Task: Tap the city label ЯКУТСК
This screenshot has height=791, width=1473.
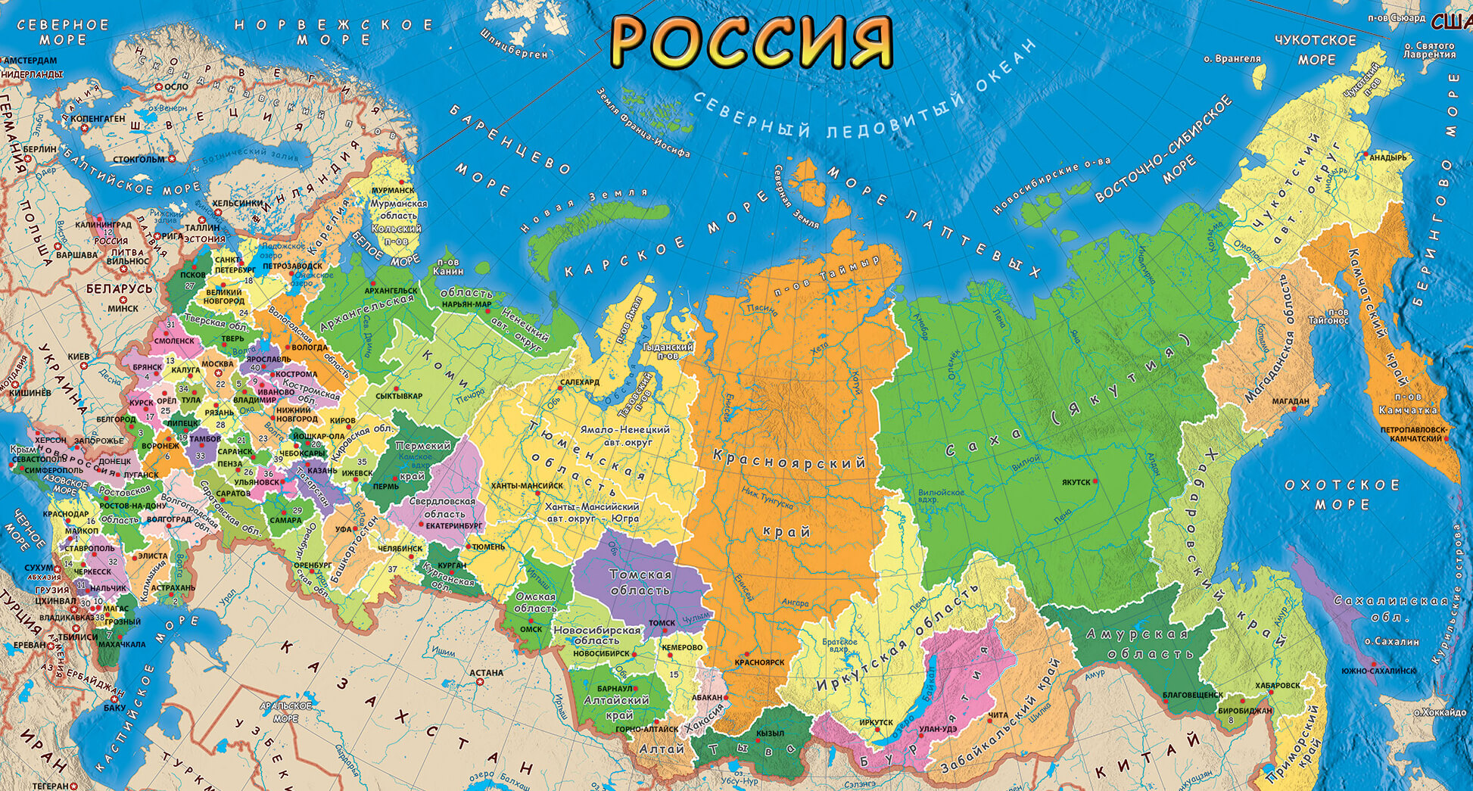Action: (1076, 482)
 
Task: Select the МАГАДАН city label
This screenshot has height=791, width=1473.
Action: (1290, 401)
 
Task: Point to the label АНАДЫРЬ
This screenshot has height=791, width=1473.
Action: (1387, 157)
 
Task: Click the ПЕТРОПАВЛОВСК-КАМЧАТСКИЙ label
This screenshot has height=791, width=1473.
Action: (1413, 434)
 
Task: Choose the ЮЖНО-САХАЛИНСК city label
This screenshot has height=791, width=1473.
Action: (1378, 671)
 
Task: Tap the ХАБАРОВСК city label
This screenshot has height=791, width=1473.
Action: (1277, 685)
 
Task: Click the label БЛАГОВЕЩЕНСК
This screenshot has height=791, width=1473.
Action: (1192, 694)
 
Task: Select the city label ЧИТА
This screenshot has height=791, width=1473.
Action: (998, 715)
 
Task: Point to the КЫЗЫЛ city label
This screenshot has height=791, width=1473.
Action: (770, 733)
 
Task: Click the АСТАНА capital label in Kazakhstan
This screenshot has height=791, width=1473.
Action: (486, 672)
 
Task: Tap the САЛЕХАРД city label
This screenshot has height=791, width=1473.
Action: (580, 382)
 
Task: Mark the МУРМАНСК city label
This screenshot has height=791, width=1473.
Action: (393, 191)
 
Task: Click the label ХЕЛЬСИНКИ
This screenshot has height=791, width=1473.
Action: (237, 203)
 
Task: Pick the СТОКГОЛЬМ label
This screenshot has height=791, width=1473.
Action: (139, 160)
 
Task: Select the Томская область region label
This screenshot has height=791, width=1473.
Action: (640, 582)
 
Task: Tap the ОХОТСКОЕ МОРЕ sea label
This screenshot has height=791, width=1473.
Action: (1341, 494)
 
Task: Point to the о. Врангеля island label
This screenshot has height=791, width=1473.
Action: (1232, 58)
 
